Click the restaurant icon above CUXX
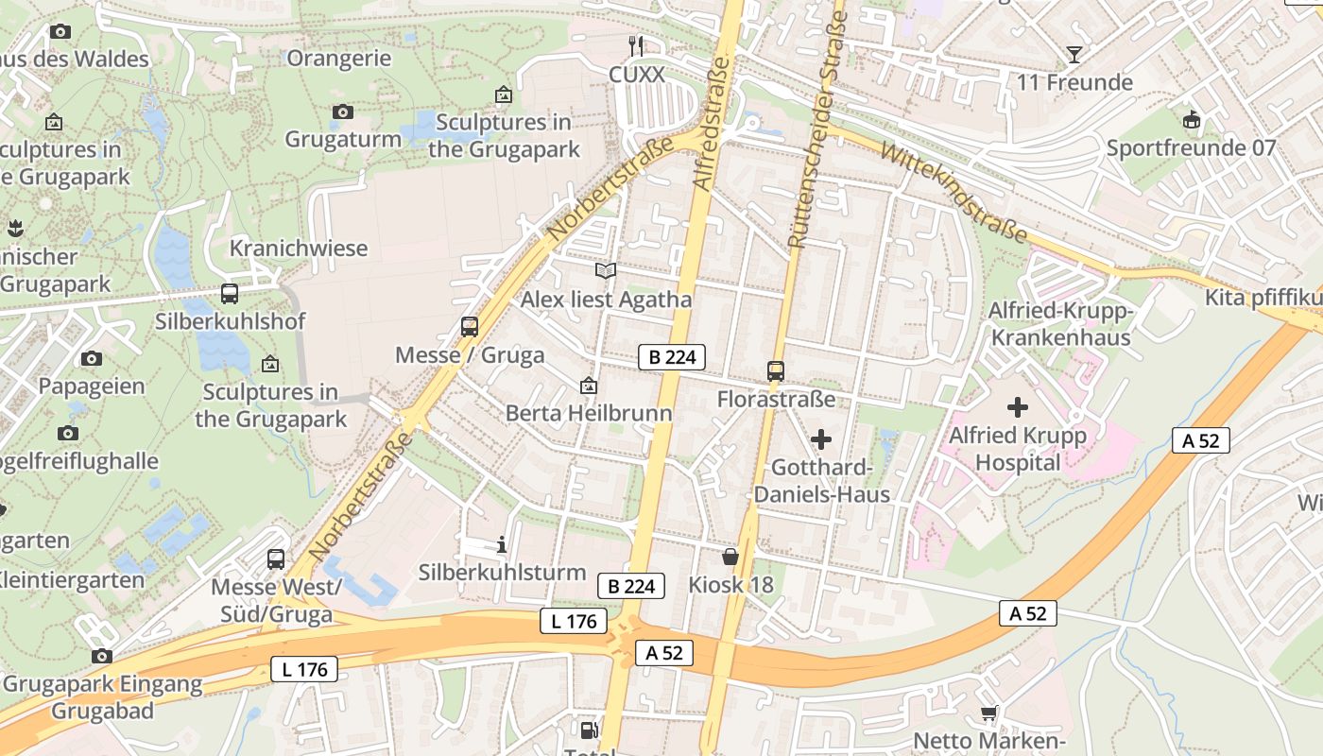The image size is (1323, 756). pyautogui.click(x=637, y=45)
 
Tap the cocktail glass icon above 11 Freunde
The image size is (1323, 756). pyautogui.click(x=1074, y=54)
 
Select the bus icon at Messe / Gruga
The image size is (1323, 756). pyautogui.click(x=470, y=327)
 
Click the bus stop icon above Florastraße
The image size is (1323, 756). pyautogui.click(x=776, y=370)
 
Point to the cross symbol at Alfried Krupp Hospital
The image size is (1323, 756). pyautogui.click(x=1018, y=407)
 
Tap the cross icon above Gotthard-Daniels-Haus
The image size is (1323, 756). pyautogui.click(x=821, y=439)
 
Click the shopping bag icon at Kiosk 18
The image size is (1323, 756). pyautogui.click(x=730, y=556)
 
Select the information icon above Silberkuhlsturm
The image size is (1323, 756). pyautogui.click(x=502, y=544)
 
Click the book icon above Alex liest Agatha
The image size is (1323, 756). pyautogui.click(x=606, y=271)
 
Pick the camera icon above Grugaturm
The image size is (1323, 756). pyautogui.click(x=343, y=112)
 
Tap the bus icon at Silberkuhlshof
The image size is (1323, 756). pyautogui.click(x=230, y=293)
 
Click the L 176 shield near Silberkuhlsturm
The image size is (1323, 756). pyautogui.click(x=574, y=621)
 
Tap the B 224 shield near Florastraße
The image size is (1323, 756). pyautogui.click(x=672, y=357)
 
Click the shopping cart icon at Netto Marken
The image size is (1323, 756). pyautogui.click(x=989, y=713)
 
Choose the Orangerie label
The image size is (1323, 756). pyautogui.click(x=338, y=59)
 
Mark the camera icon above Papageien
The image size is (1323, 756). pyautogui.click(x=92, y=358)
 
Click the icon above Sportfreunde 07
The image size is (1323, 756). pyautogui.click(x=1191, y=120)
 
